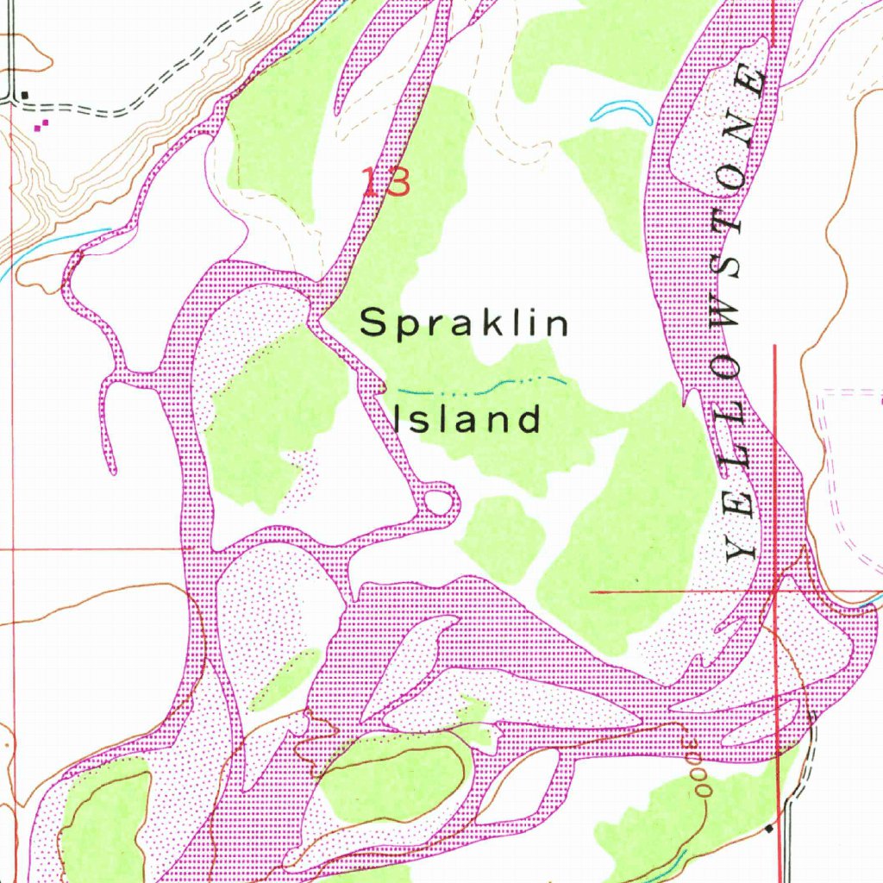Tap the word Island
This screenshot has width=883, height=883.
(x=467, y=419)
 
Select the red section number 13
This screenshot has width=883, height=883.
(x=385, y=183)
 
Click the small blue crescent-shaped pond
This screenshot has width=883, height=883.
(x=620, y=111)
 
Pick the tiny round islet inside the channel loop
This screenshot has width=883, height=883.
(x=439, y=502)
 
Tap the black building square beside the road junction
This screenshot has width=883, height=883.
(x=25, y=95)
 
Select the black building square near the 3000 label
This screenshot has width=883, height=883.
(x=769, y=829)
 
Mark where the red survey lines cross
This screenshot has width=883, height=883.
(x=776, y=592)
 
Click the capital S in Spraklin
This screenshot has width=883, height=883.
(x=373, y=323)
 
